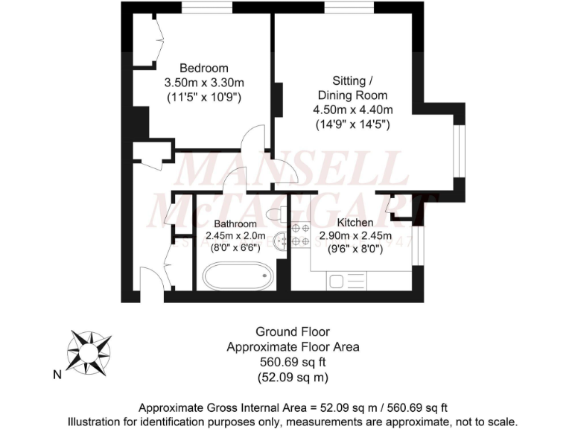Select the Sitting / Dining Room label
(x=352, y=88)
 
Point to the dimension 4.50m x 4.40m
(x=352, y=109)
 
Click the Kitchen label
(x=355, y=223)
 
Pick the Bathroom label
(x=235, y=223)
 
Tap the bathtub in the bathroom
(x=237, y=277)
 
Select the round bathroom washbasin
(x=281, y=241)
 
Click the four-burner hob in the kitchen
(x=300, y=235)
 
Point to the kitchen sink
(x=337, y=281)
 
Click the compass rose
(x=89, y=350)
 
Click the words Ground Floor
(x=293, y=331)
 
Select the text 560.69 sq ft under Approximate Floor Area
(x=293, y=362)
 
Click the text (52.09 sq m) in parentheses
(x=293, y=377)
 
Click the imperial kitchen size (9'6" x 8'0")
(x=355, y=250)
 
